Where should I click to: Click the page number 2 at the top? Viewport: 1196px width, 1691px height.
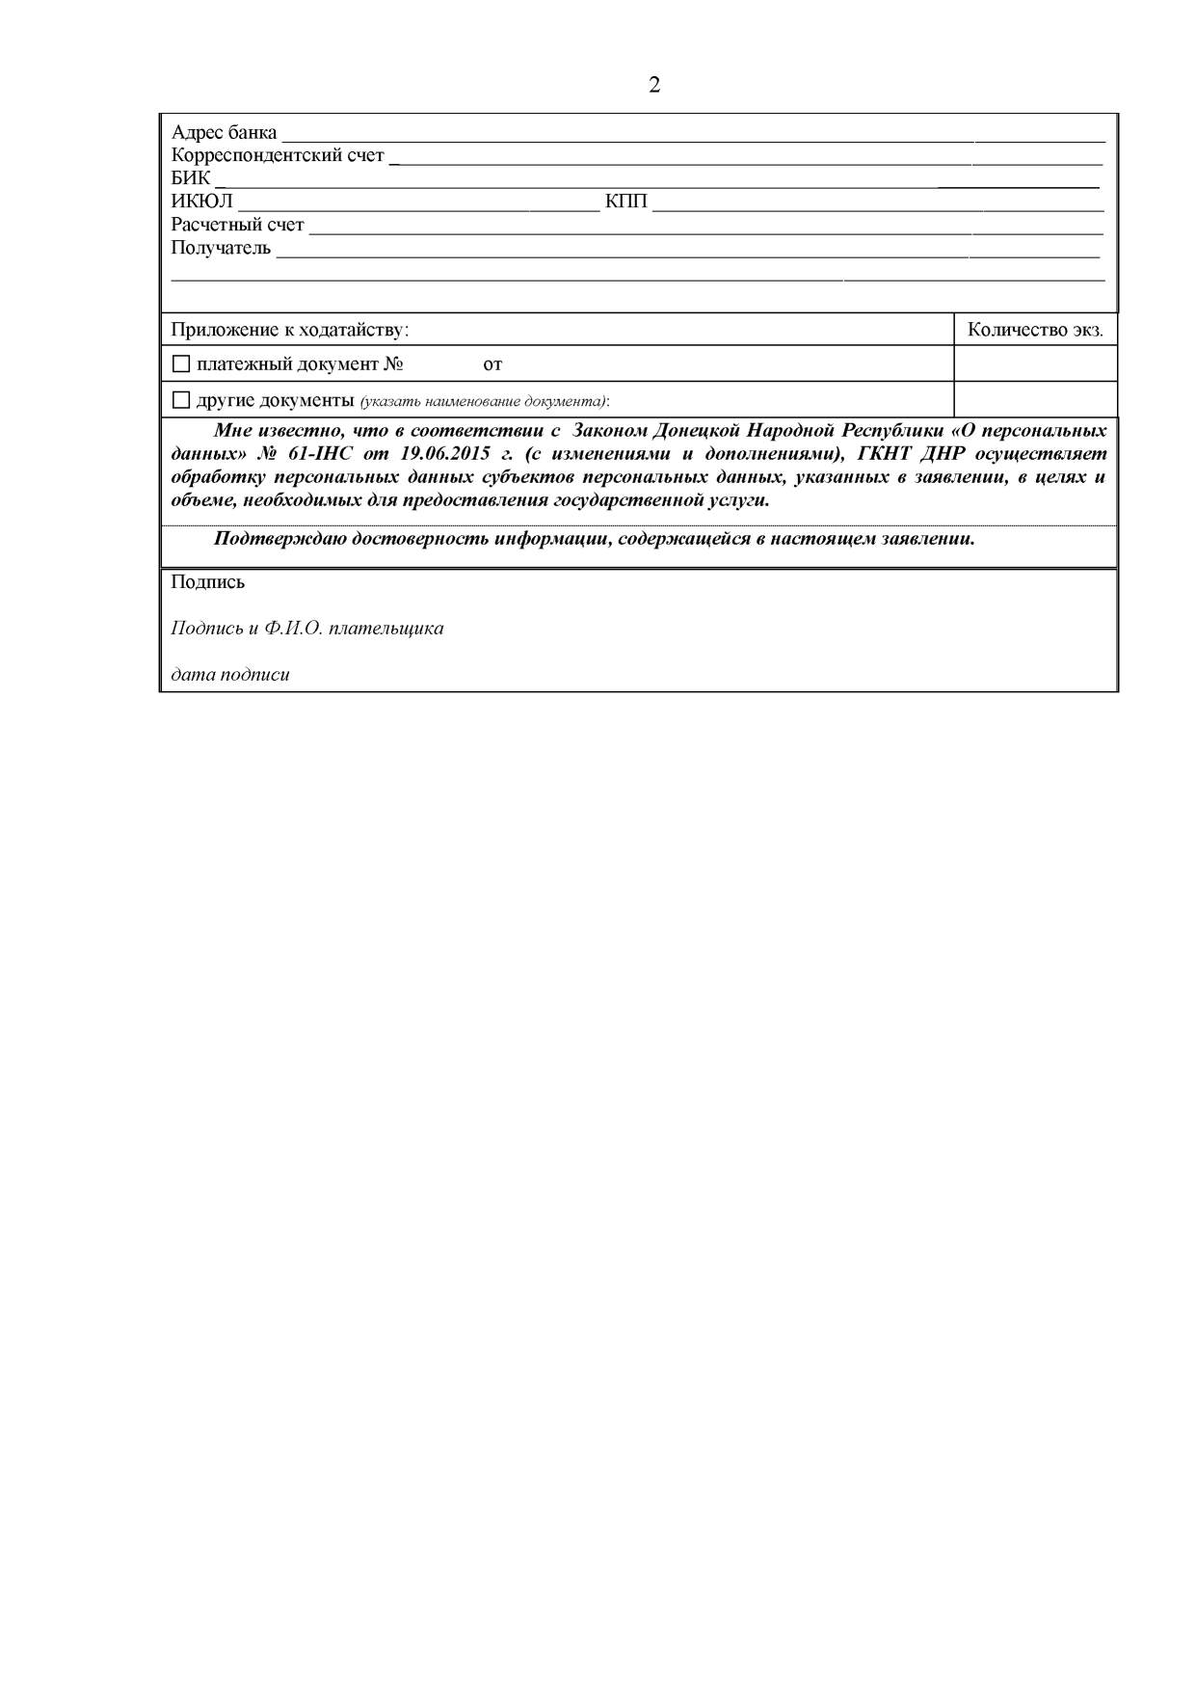(x=654, y=86)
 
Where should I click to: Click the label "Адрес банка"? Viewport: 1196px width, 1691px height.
(x=224, y=133)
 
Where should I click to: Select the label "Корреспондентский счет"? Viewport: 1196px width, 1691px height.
(x=278, y=156)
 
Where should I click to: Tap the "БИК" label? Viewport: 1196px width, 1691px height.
(x=190, y=178)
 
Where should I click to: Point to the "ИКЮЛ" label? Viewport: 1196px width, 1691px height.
(x=201, y=201)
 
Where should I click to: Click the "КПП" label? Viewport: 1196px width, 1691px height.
(x=625, y=201)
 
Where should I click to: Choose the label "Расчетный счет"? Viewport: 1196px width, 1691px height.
(x=237, y=225)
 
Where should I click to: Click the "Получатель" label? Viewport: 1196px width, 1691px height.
(x=221, y=248)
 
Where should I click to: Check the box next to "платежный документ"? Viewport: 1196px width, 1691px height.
(x=180, y=364)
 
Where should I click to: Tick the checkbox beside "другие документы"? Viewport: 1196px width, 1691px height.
(x=180, y=400)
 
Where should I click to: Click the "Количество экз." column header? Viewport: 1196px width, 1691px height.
(x=1035, y=330)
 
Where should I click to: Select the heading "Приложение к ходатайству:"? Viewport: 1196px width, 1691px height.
(x=290, y=330)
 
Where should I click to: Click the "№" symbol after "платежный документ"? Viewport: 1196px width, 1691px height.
(x=392, y=364)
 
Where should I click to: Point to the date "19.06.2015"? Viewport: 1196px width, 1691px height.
(x=445, y=454)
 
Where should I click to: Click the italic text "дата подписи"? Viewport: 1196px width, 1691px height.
(x=230, y=675)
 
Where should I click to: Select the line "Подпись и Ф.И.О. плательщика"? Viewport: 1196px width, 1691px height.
(x=307, y=629)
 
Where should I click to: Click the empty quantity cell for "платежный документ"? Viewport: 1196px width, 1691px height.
(x=1035, y=364)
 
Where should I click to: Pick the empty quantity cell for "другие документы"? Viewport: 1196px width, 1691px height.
(x=1035, y=399)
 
